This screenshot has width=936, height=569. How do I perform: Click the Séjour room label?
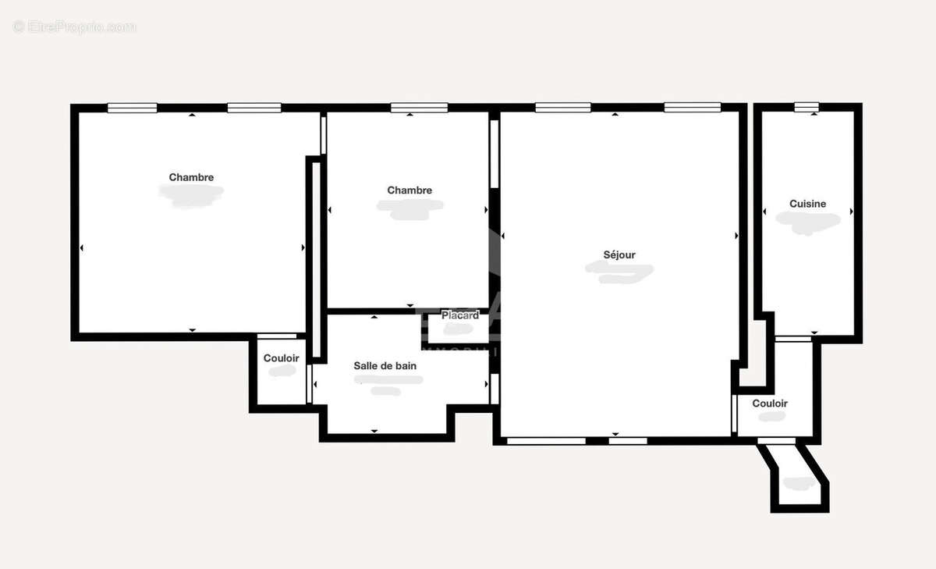point(619,255)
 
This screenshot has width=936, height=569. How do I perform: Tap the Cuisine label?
point(807,204)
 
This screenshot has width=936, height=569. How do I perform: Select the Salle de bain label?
point(385,366)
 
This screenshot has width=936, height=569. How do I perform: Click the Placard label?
point(460,315)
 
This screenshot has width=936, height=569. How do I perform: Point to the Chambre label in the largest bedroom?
point(191,178)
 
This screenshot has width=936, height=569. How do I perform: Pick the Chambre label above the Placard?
point(409,190)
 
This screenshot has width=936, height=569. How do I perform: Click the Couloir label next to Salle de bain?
point(281,358)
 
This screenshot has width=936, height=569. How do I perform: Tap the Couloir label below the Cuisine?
point(769,404)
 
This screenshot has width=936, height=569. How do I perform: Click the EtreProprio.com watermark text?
point(75,27)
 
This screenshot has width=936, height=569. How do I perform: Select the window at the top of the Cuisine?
point(807,108)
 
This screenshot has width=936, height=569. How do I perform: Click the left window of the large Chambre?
point(132,108)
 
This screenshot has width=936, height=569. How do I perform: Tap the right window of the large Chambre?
point(254,108)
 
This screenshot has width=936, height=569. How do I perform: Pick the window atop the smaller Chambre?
point(419,108)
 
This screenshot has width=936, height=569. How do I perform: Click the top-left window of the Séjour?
point(562,108)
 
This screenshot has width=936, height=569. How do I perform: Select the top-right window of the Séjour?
point(692,108)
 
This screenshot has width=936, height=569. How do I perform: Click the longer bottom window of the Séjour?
point(546,441)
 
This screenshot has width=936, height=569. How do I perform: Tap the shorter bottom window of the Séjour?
point(628,441)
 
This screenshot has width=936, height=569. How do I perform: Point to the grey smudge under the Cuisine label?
point(808,222)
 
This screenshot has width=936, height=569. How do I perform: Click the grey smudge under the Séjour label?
point(619,272)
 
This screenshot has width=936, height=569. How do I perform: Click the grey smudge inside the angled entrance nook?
point(799,483)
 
